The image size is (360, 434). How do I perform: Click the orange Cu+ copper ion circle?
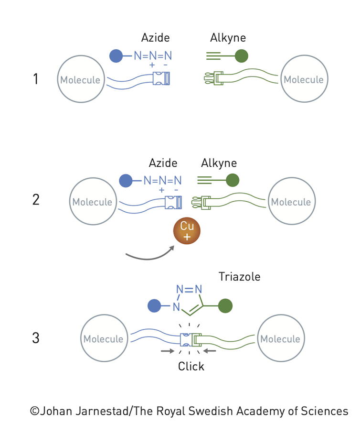point(187,231)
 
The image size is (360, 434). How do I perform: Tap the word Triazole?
point(239,276)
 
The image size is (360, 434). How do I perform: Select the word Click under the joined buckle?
point(191,367)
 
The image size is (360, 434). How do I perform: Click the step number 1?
point(35,79)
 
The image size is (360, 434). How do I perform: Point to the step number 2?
point(36,199)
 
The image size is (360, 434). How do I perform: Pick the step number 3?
point(36,338)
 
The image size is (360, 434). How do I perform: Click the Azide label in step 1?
point(155,38)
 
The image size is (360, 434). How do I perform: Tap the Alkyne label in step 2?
point(219,163)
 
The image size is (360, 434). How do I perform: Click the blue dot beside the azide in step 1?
point(116,56)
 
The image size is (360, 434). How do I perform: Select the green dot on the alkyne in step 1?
point(242,56)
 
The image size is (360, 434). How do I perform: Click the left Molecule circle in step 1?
point(80,79)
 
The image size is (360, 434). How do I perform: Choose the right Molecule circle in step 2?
point(291,202)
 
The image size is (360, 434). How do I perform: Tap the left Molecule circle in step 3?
point(103,339)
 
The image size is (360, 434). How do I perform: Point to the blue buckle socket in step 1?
point(161,79)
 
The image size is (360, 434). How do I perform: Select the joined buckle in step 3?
point(190,339)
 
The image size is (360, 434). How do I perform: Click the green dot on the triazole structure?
point(225,306)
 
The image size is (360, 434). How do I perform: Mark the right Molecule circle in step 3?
point(280,339)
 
